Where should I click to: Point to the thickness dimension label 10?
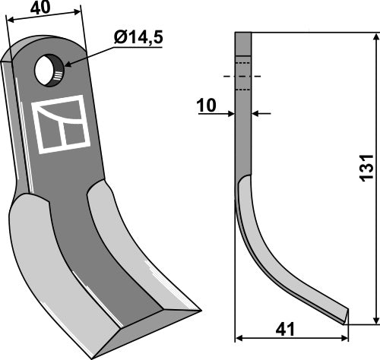206,106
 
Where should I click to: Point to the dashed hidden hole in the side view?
242,76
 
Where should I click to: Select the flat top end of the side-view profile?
242,33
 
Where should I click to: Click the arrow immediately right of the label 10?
230,114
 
